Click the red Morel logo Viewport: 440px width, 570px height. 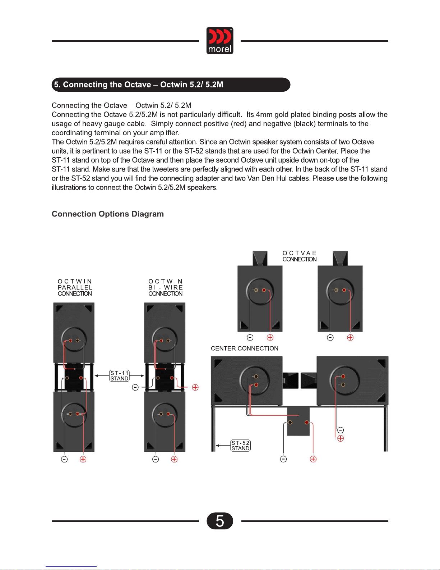tap(220, 41)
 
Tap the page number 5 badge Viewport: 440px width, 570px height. tap(220, 521)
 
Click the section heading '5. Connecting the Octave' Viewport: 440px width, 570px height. tap(138, 85)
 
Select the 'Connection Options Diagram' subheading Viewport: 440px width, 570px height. tap(108, 214)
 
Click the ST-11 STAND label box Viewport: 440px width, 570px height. tap(119, 376)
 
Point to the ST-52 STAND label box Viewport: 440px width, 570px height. tap(240, 446)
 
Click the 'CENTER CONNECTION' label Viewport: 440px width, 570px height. tap(245, 348)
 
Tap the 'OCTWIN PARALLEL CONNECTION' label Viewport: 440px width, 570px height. tap(75, 287)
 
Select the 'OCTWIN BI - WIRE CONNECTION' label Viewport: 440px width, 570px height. tap(166, 287)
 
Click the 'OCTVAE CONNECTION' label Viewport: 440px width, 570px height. tap(300, 256)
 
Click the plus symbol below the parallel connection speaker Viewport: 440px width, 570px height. tap(83, 459)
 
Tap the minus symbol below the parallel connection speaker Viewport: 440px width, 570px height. tap(64, 459)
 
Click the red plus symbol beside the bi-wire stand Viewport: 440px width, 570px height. tap(195, 387)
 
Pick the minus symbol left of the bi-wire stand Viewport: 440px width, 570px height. tap(135, 387)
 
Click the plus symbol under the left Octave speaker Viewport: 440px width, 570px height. tap(270, 337)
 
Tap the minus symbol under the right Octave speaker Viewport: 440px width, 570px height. tap(330, 337)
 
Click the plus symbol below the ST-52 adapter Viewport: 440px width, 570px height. tap(313, 459)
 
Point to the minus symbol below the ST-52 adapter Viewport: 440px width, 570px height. tap(283, 459)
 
